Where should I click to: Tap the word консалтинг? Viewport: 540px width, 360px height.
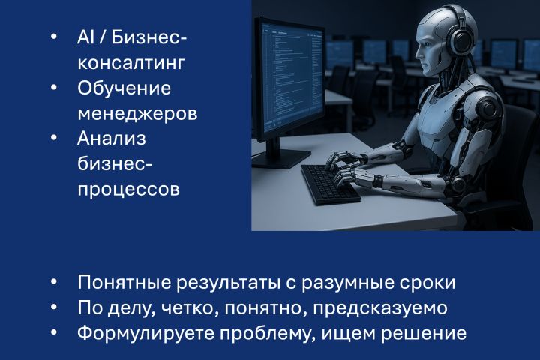[x=131, y=62]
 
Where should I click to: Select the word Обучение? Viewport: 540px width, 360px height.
[x=124, y=88]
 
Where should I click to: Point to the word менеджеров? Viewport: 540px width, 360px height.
[x=138, y=113]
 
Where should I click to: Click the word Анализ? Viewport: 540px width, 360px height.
[x=112, y=139]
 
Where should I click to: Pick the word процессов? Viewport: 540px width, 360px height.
[x=128, y=190]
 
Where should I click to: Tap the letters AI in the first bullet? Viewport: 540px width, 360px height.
[x=85, y=37]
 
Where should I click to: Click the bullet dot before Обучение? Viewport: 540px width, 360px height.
[x=53, y=88]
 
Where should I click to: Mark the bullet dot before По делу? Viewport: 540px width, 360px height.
[x=53, y=308]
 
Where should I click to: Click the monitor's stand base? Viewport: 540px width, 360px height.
[x=281, y=157]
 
